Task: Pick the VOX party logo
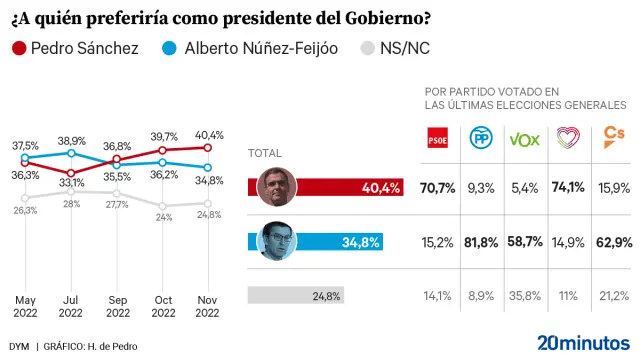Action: (525, 139)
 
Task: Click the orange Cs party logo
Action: (610, 139)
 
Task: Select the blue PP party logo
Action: (480, 139)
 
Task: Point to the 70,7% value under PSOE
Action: (438, 187)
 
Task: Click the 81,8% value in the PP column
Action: (481, 242)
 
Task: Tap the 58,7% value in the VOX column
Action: (524, 242)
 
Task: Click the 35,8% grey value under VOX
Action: (524, 295)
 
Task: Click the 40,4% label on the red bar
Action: (381, 187)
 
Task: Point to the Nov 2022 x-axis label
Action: (206, 306)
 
